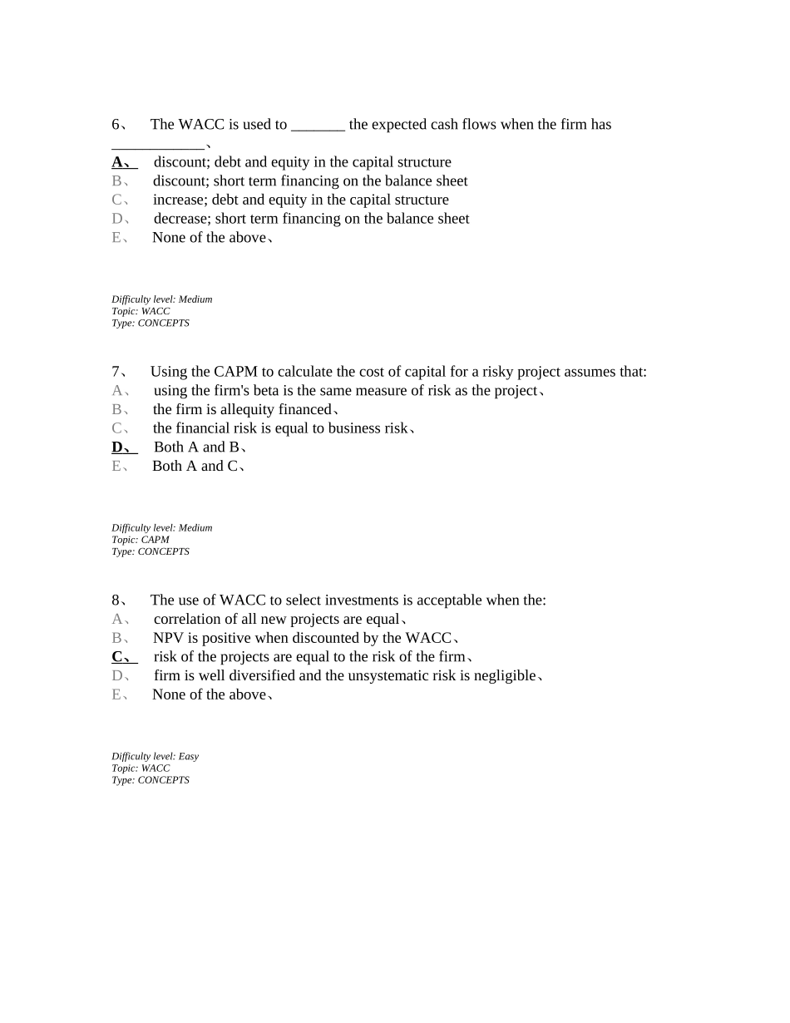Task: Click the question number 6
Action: [116, 125]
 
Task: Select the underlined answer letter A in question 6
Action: [117, 162]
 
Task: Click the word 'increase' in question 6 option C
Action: [179, 200]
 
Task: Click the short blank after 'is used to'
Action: [318, 126]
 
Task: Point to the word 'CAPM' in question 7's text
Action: [235, 372]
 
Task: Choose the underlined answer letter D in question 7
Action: [117, 447]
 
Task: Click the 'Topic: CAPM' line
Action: [141, 540]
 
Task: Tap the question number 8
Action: [116, 600]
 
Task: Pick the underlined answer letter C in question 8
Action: [117, 657]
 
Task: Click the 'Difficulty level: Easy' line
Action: [156, 757]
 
